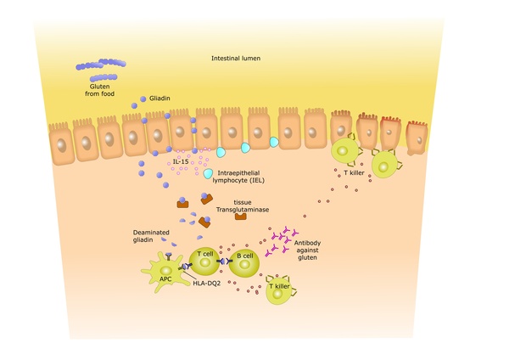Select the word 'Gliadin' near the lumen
[160, 98]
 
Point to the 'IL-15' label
[180, 161]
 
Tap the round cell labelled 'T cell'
[204, 262]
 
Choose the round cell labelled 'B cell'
[244, 265]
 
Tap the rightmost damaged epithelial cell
[416, 138]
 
